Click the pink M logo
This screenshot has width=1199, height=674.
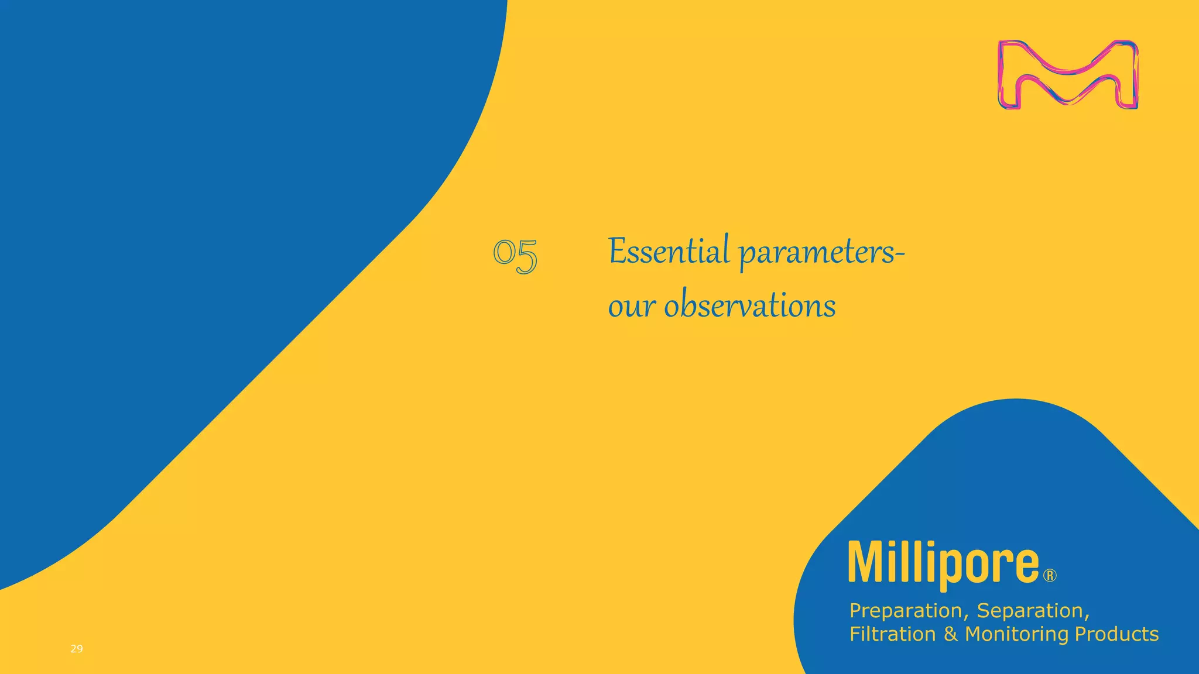1068,75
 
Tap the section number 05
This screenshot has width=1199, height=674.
515,256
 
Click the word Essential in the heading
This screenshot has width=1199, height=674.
669,252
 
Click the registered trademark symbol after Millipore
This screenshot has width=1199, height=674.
1050,576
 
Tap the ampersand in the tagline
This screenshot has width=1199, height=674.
950,634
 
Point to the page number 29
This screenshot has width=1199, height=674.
77,648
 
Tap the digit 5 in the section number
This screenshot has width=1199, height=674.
526,257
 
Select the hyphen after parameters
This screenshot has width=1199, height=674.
900,254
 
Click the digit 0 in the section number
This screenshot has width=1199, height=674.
503,253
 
